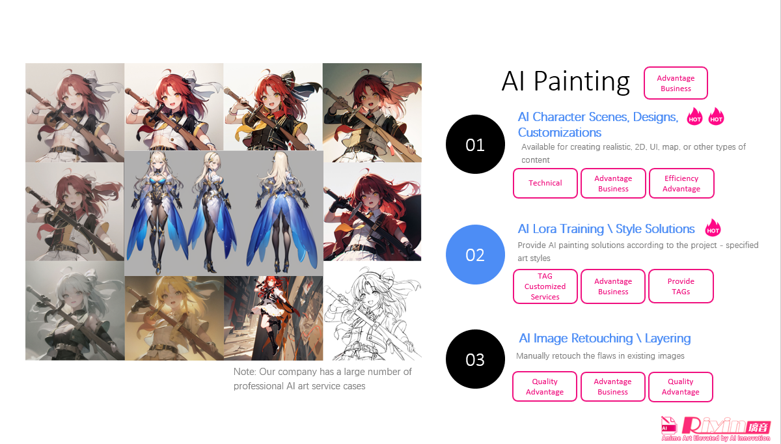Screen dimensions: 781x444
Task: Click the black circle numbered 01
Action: [x=475, y=144]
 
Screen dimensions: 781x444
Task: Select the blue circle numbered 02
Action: [x=475, y=255]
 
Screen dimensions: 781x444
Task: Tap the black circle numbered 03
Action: [x=475, y=359]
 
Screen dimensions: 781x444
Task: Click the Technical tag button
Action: [x=545, y=183]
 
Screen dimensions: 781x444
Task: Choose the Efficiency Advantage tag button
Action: [x=681, y=183]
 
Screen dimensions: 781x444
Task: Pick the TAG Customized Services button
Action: [x=545, y=286]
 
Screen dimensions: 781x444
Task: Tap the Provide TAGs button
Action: [x=681, y=286]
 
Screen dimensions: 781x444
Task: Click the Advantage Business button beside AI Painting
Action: [x=676, y=83]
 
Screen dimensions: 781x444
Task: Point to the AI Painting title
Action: [x=566, y=81]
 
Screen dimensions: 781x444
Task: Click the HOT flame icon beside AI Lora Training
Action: [x=713, y=228]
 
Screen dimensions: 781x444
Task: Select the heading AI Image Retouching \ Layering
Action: [x=605, y=339]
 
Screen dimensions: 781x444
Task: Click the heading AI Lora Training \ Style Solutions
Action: [x=606, y=229]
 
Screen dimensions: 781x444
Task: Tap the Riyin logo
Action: [x=716, y=428]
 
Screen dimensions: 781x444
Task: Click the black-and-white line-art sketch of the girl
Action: [x=372, y=313]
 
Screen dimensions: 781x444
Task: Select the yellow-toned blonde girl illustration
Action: [x=174, y=318]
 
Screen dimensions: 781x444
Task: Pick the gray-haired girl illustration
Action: [x=75, y=311]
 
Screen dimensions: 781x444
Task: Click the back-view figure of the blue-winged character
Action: [x=282, y=212]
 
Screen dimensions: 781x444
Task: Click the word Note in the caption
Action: [x=244, y=372]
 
